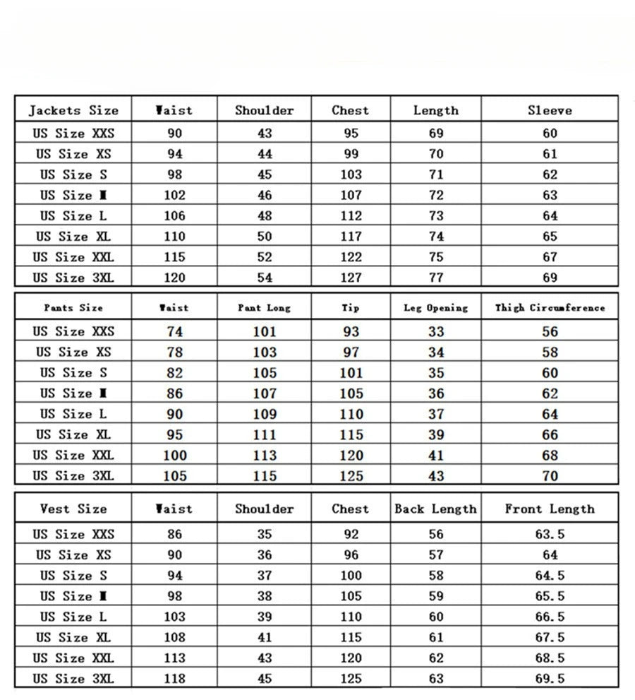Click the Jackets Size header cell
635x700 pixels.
pyautogui.click(x=73, y=110)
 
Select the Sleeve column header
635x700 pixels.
pyautogui.click(x=550, y=110)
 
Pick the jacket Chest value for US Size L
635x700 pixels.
pyautogui.click(x=351, y=215)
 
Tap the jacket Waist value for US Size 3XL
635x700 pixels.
pyautogui.click(x=174, y=278)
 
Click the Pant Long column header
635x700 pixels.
pyautogui.click(x=264, y=308)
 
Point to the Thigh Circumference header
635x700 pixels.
pyautogui.click(x=550, y=308)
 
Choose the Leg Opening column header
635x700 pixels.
pyautogui.click(x=435, y=308)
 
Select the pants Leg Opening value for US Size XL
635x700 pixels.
pyautogui.click(x=436, y=434)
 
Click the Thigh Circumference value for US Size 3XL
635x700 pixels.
pyautogui.click(x=550, y=476)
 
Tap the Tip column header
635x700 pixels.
pyautogui.click(x=351, y=308)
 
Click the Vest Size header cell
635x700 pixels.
pyautogui.click(x=73, y=509)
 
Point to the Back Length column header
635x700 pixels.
pyautogui.click(x=435, y=509)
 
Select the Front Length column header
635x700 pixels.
pyautogui.click(x=550, y=509)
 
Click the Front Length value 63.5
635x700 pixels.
pyautogui.click(x=550, y=535)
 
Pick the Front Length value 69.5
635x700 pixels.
pyautogui.click(x=550, y=679)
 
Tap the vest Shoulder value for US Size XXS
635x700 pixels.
pyautogui.click(x=264, y=535)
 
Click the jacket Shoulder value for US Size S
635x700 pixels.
pyautogui.click(x=264, y=174)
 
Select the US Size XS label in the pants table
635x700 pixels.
pyautogui.click(x=73, y=352)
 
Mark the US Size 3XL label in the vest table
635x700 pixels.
pyautogui.click(x=73, y=679)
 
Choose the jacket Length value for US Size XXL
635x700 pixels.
pyautogui.click(x=436, y=257)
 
